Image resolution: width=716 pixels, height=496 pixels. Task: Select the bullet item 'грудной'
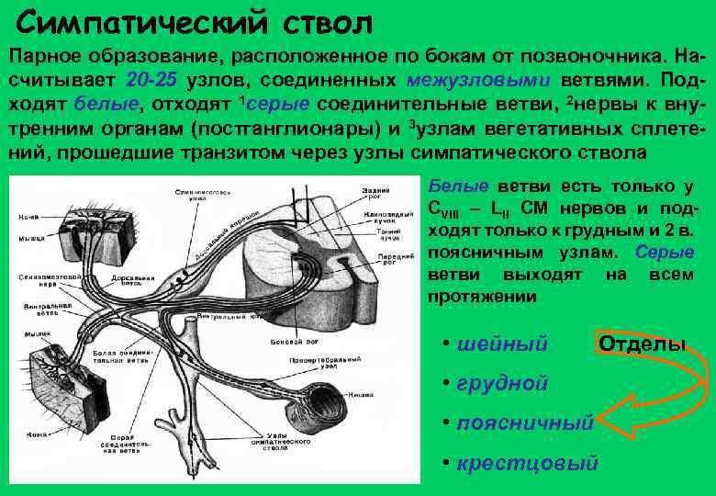click(501, 382)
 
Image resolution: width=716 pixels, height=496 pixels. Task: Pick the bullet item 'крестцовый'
click(527, 462)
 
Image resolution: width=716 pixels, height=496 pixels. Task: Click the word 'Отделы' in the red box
click(642, 344)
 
